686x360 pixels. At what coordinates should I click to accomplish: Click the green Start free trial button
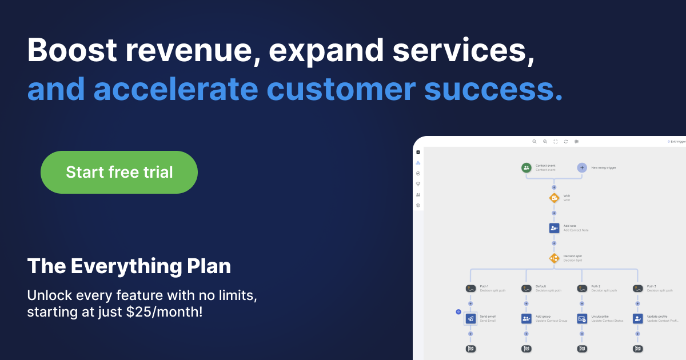coord(119,172)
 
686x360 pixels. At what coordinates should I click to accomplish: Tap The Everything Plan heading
coord(129,266)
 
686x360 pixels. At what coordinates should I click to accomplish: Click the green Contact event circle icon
coord(526,167)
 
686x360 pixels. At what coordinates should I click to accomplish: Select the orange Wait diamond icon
coord(554,198)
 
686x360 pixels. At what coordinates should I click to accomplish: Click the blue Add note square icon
coord(554,228)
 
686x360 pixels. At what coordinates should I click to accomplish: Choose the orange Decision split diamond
coord(554,258)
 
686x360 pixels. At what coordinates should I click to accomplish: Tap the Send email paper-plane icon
coord(470,318)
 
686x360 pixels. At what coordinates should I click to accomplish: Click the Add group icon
coord(527,318)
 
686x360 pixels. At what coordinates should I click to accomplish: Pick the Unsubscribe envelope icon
coord(582,318)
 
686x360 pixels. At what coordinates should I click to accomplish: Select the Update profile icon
coord(638,318)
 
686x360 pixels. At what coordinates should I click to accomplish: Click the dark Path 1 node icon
coord(470,289)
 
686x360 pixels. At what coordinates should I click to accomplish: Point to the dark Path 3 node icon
coord(638,289)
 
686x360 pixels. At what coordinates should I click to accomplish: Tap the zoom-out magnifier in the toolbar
coord(535,141)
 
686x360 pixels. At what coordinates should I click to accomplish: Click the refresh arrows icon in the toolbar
coord(566,141)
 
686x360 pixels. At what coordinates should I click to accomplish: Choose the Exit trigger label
coord(677,141)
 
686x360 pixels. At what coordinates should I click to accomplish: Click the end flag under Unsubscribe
coord(582,348)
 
